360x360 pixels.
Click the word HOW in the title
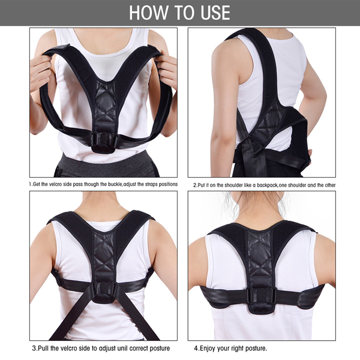(x=148, y=13)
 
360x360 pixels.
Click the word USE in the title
(x=215, y=13)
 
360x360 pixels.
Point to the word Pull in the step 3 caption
(x=43, y=348)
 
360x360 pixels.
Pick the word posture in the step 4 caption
(x=256, y=349)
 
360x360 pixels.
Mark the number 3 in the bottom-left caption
(x=34, y=348)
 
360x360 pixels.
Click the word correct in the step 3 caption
(x=139, y=348)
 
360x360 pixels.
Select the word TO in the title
(x=185, y=13)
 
